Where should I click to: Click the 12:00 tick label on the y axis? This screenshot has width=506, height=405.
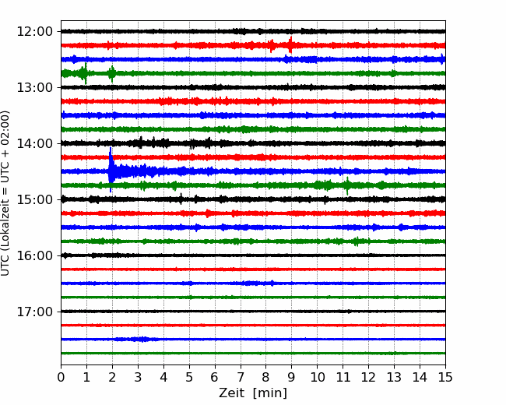pos(34,32)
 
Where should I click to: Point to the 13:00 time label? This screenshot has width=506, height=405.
pos(34,87)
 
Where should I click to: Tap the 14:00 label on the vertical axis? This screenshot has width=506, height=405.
pos(34,144)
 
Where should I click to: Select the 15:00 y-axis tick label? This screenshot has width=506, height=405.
pos(34,199)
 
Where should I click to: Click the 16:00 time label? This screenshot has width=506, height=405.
pos(34,255)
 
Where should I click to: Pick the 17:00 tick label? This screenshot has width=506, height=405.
pos(34,312)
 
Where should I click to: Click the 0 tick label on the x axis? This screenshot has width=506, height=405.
pos(61,377)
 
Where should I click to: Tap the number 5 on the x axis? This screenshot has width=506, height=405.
pos(189,377)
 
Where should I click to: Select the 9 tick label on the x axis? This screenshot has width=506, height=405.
pos(291,377)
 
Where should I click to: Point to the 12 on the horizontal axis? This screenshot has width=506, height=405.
pos(368,377)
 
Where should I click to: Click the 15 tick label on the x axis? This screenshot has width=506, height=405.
pos(445,377)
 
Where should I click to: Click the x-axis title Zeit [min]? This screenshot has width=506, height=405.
pos(253,393)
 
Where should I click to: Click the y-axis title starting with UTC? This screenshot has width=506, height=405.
pos(5,193)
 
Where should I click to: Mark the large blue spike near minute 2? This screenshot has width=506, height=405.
pos(111,170)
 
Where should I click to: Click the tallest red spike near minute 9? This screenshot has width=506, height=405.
pos(291,45)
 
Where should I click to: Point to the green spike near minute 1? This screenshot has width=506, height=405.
pos(86,73)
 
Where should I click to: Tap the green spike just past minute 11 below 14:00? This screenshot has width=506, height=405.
pos(347,185)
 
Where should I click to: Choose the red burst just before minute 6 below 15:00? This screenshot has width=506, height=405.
pos(208,213)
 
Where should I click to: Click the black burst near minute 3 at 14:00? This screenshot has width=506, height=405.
pos(140,143)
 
